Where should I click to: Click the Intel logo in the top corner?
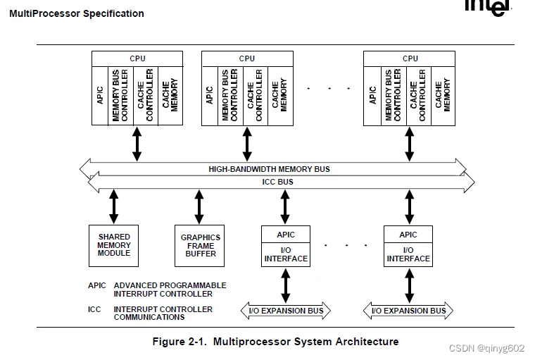(486, 6)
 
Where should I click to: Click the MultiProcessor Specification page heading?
(77, 13)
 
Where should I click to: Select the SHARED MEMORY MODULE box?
(114, 245)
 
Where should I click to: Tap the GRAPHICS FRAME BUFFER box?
(201, 245)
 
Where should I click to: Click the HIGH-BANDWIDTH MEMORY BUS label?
(269, 169)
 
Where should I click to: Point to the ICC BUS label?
(277, 182)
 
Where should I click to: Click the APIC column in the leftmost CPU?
(100, 96)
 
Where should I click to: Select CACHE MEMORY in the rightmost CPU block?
(442, 96)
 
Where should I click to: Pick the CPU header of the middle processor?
(247, 58)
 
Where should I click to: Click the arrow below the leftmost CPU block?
(137, 144)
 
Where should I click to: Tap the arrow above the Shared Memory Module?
(114, 207)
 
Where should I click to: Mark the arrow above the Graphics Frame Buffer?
(199, 207)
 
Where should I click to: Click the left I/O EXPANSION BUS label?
(286, 311)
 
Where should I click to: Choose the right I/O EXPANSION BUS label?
(408, 311)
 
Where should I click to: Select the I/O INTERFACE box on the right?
(408, 254)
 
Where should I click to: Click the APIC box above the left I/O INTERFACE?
(286, 235)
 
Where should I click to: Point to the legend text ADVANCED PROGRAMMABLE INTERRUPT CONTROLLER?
(170, 290)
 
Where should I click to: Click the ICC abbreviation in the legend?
(95, 309)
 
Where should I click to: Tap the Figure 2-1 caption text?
(275, 342)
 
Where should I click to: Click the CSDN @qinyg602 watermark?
(486, 348)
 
